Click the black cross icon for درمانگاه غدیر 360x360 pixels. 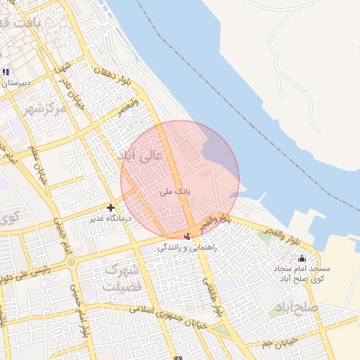pyautogui.click(x=110, y=207)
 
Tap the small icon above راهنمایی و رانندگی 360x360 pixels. pyautogui.click(x=187, y=236)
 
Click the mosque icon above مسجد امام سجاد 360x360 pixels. pyautogui.click(x=302, y=258)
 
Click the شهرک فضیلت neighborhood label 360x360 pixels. pyautogui.click(x=122, y=278)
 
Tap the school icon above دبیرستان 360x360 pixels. pyautogui.click(x=6, y=72)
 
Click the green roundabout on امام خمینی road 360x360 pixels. pyautogui.click(x=71, y=262)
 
